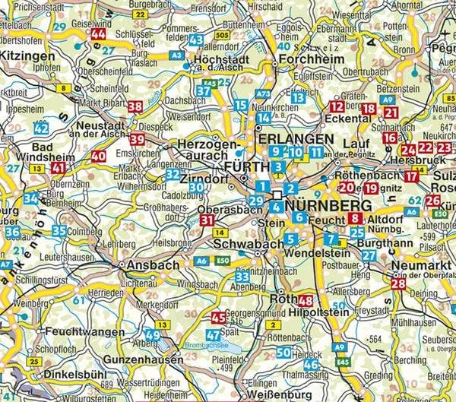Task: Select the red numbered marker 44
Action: point(98,35)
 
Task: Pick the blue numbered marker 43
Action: point(196,40)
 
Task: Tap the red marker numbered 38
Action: point(135,106)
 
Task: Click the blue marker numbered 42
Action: point(41,129)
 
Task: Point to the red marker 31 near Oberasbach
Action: point(207,220)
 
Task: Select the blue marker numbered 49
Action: point(153,335)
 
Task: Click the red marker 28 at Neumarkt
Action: point(397,284)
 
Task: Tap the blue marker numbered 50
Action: point(283,352)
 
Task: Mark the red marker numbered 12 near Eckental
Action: point(337,107)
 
